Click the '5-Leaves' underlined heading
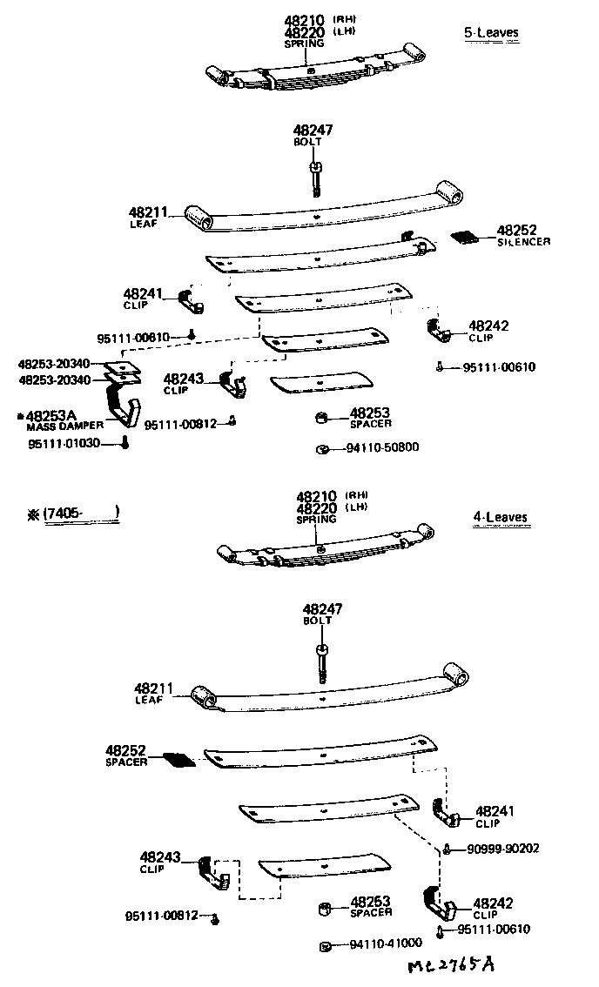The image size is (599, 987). point(491,33)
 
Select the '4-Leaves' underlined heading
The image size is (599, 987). point(500,517)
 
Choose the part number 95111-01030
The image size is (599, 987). point(64,443)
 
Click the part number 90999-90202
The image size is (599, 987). point(502,849)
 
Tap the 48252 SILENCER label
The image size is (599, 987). point(522,235)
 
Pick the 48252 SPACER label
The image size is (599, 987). point(127,754)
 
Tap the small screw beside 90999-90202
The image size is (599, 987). point(446,849)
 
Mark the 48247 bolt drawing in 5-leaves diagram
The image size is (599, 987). point(315,175)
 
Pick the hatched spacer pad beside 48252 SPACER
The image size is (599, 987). point(179,760)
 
